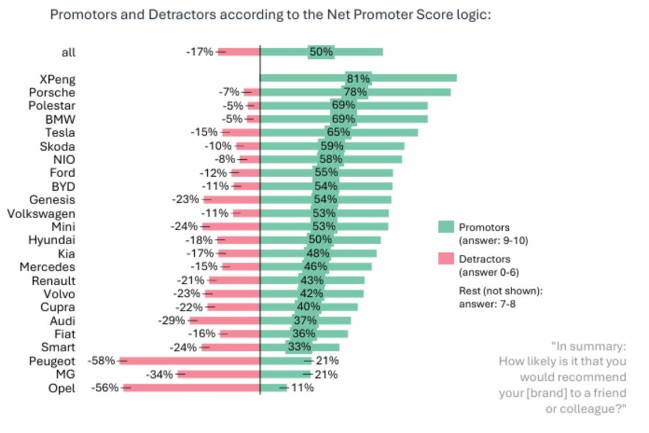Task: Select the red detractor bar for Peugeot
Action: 190,361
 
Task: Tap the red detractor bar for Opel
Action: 191,387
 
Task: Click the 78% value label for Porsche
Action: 356,92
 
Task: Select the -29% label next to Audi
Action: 171,321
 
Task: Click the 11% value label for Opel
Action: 302,387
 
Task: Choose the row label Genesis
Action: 52,200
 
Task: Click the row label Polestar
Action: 51,105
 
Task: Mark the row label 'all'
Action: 68,52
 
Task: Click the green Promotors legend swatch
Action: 446,227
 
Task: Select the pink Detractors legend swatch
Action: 446,259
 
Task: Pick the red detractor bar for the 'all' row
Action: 239,52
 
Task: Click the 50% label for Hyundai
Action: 320,240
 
